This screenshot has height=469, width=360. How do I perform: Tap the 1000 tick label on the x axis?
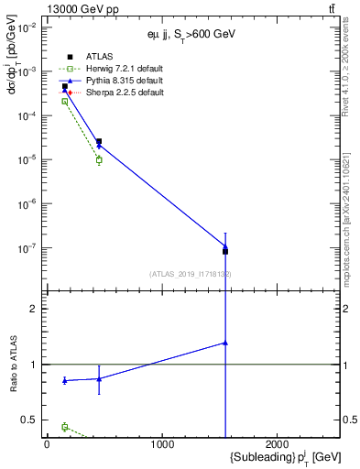point(162,444)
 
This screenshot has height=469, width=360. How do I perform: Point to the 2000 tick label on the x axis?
point(278,444)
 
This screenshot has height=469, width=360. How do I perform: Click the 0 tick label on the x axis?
point(47,444)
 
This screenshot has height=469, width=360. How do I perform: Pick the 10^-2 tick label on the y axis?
point(28,27)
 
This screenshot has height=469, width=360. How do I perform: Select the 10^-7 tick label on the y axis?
point(28,247)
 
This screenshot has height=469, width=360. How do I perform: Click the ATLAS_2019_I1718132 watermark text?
point(191,274)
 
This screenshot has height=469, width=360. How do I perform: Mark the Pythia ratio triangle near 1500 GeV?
point(225,343)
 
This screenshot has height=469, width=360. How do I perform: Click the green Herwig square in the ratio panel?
point(64,427)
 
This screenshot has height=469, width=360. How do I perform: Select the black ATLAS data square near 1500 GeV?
point(225,251)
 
